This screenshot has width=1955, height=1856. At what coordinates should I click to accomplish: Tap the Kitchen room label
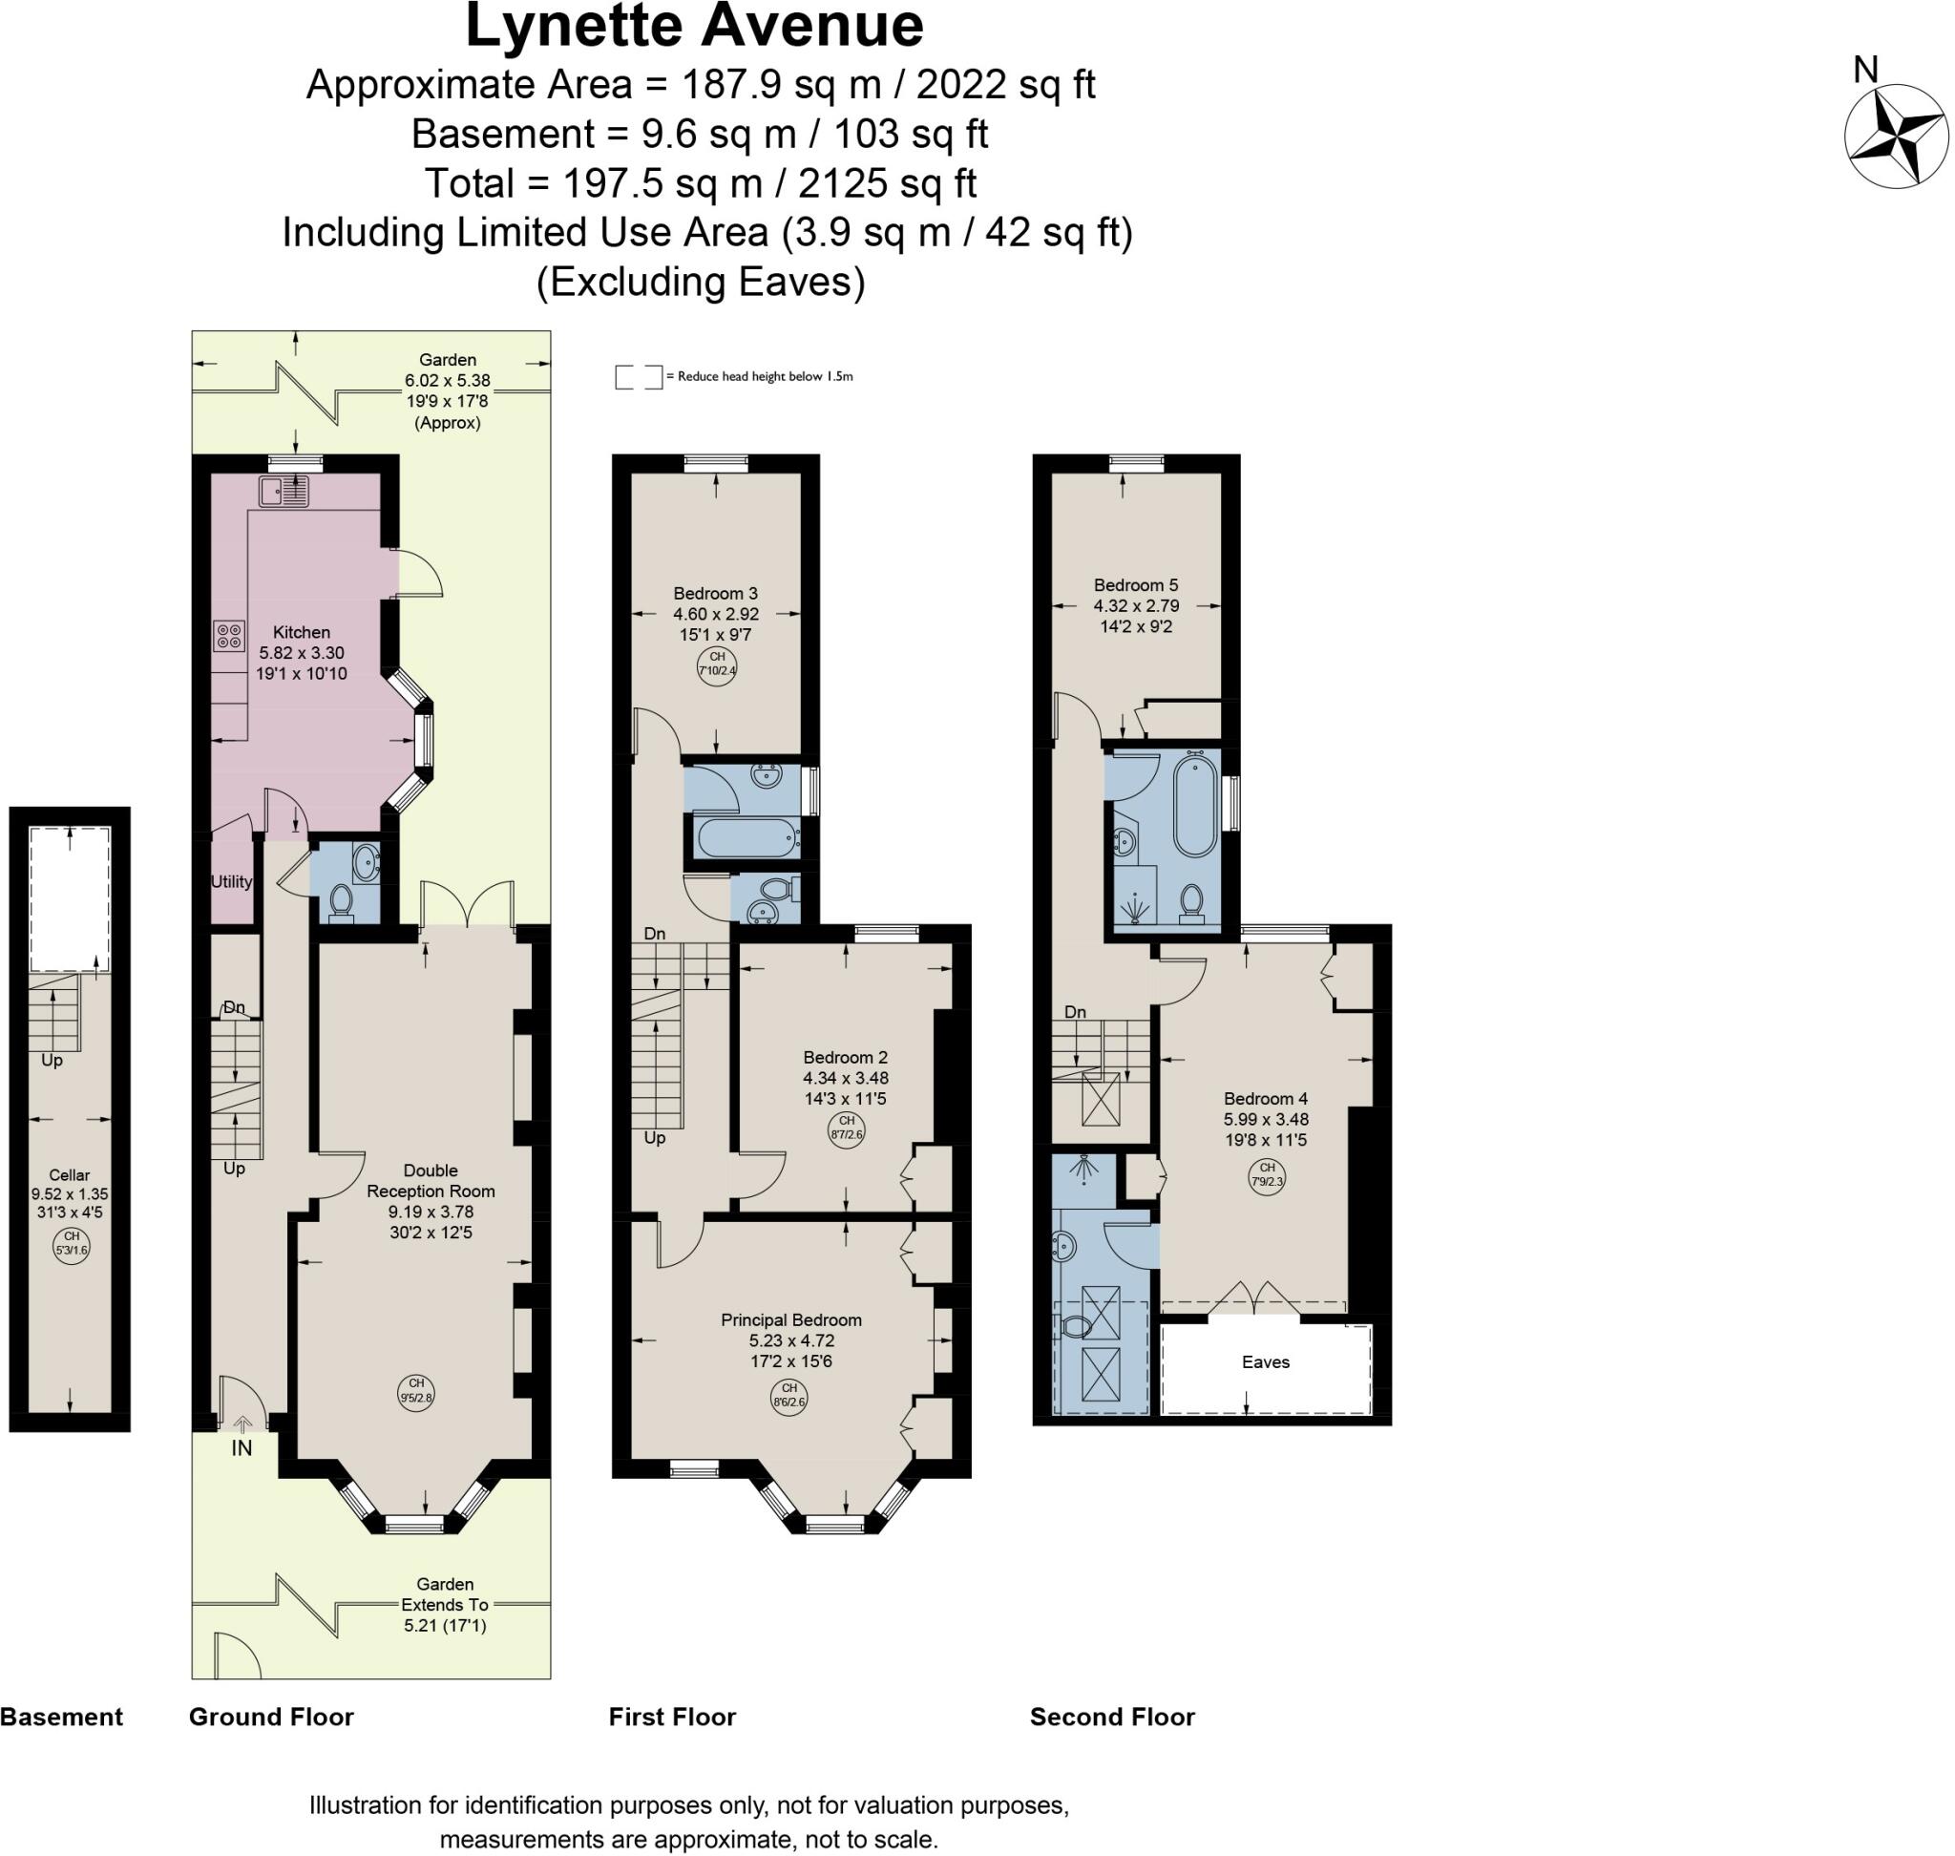302,632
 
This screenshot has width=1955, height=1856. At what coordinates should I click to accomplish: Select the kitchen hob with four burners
228,636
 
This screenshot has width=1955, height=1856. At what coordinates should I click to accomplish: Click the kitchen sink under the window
284,491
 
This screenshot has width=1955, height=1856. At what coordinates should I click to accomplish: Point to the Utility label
232,881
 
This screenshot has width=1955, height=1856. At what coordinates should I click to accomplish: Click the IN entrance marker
242,1448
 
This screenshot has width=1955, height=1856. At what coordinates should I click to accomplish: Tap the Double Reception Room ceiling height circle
416,1390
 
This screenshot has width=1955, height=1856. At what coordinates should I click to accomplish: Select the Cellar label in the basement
70,1175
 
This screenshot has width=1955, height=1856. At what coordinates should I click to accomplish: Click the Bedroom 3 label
715,594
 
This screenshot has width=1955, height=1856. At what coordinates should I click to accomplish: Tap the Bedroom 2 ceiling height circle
847,1128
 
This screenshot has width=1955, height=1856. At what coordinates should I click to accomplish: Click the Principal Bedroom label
790,1319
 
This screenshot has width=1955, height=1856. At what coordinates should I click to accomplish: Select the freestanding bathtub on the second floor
1196,802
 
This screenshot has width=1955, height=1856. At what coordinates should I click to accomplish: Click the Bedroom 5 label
1136,584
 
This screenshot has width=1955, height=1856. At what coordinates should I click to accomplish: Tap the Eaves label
1266,1362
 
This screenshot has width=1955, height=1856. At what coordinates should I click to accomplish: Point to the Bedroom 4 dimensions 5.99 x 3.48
1266,1119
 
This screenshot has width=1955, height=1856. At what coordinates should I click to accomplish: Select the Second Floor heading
1112,1717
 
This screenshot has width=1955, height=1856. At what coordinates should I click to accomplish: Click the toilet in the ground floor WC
342,901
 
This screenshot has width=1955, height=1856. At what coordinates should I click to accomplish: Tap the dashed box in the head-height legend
639,377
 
